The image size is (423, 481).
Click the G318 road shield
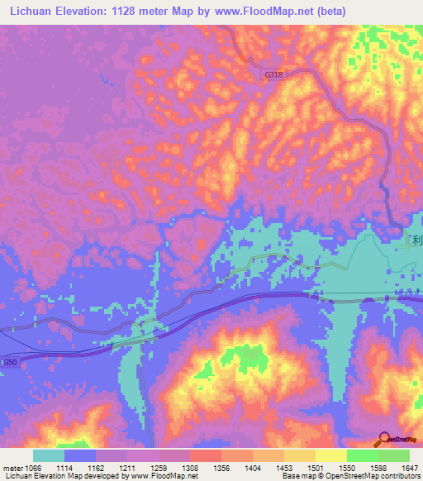[273, 74]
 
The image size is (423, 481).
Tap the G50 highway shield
[9, 362]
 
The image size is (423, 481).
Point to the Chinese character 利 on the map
[417, 240]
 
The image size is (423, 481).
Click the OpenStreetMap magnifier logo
[385, 438]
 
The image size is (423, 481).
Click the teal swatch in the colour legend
[49, 455]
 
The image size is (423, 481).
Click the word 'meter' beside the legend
[12, 468]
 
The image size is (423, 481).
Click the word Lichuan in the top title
[30, 12]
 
